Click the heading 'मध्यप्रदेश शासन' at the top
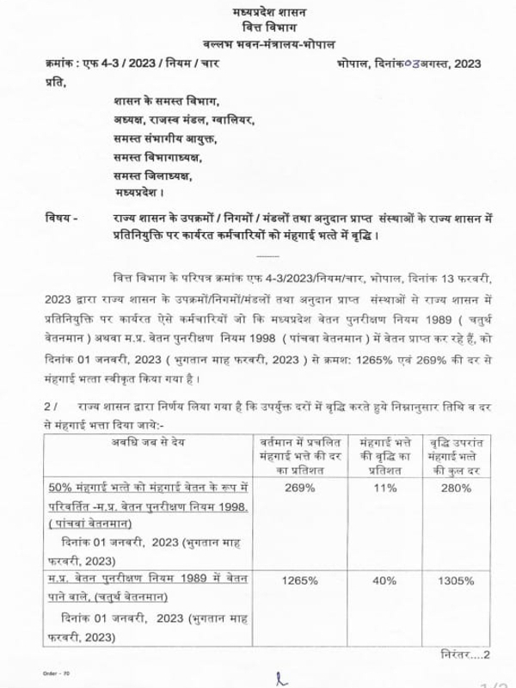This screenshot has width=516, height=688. [x=257, y=12]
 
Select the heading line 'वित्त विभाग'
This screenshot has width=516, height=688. [x=257, y=28]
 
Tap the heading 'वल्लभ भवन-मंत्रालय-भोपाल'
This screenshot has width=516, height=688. [x=257, y=44]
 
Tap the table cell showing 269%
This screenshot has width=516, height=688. [x=297, y=488]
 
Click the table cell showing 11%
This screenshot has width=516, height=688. [x=386, y=488]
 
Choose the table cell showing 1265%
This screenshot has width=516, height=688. [x=297, y=580]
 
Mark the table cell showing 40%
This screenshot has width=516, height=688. [x=386, y=580]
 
